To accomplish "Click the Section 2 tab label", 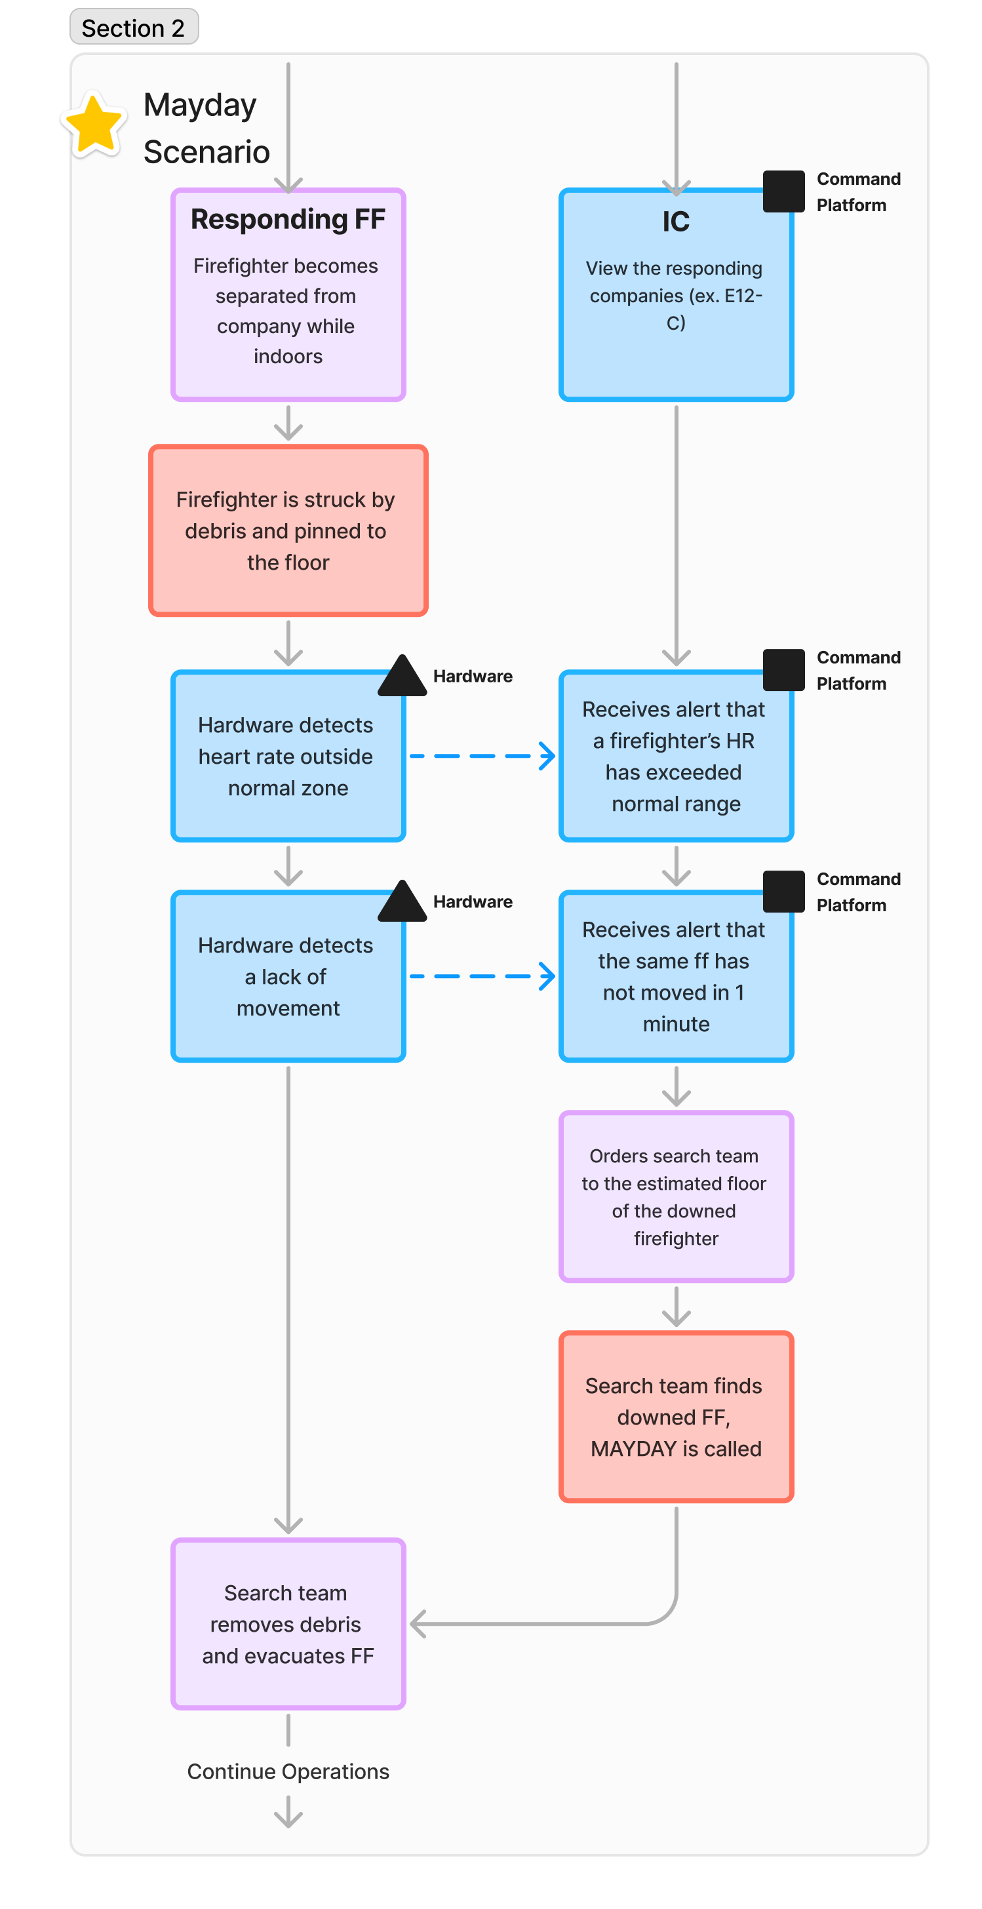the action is (x=134, y=28).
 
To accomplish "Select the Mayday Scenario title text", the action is (x=206, y=128).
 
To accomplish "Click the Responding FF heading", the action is (x=288, y=220).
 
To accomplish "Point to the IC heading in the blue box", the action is (x=676, y=222).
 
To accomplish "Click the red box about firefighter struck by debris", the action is (x=288, y=530).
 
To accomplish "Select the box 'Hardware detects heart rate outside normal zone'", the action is (x=288, y=756).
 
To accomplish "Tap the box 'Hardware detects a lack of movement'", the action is (x=288, y=976).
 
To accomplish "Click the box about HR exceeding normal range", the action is (x=676, y=756).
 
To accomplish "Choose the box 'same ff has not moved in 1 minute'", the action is (x=676, y=976).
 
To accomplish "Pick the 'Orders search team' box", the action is (x=676, y=1196).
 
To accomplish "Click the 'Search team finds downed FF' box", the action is (x=676, y=1417).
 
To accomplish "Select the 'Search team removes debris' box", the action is (x=288, y=1624).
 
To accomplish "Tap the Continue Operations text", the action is (x=288, y=1771).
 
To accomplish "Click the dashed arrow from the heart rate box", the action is (x=482, y=756).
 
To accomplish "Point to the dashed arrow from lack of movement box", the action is (x=482, y=976).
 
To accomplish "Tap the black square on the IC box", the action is (x=784, y=191).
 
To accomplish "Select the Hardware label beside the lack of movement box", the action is (x=473, y=901).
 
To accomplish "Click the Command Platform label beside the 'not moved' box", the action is (x=858, y=892).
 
